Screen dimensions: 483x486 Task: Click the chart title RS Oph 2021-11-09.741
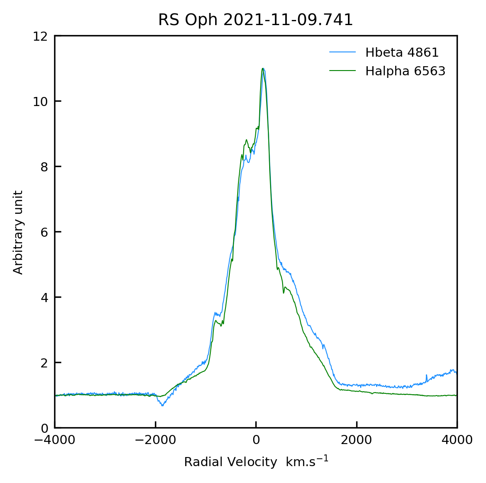pos(255,20)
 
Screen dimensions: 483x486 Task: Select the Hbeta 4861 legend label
pos(402,53)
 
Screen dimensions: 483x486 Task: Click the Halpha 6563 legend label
pos(405,71)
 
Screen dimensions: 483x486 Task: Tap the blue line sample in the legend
pos(342,53)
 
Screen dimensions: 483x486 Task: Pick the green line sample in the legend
pos(342,71)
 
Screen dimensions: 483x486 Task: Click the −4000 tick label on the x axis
pos(55,440)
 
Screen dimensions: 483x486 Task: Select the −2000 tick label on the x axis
pos(155,440)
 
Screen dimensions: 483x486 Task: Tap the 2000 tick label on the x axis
pos(357,440)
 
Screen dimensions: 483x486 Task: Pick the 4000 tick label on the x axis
pos(457,440)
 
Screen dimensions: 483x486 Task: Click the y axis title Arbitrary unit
pos(18,232)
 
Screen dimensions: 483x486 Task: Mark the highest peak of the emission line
pos(263,68)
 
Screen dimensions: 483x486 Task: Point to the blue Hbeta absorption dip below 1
pos(162,405)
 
